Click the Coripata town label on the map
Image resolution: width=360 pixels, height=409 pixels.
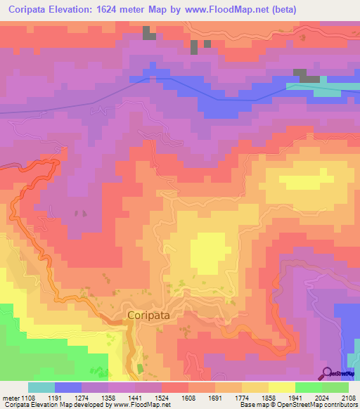[148, 316]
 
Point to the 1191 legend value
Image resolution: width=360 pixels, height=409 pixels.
[67, 397]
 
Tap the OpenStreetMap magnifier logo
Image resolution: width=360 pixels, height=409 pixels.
[327, 372]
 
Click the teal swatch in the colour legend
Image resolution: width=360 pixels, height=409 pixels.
[41, 387]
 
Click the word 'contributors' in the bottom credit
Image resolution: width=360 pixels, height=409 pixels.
[340, 405]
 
